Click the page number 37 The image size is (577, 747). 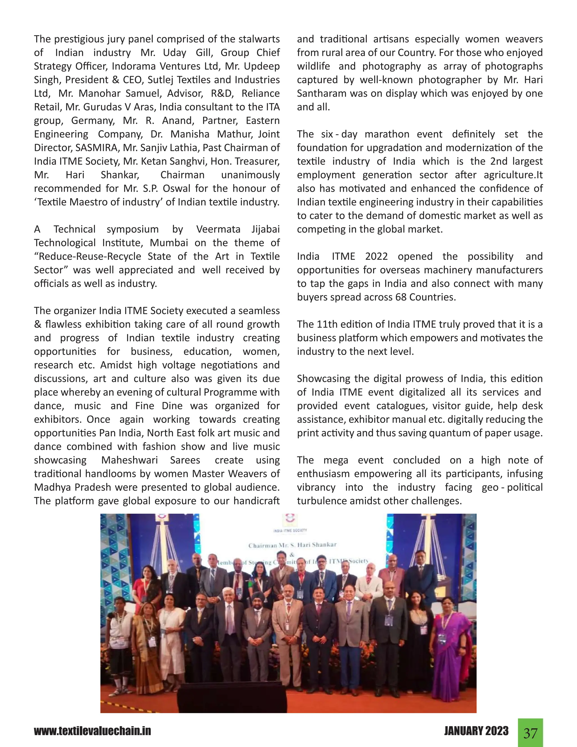[530, 733]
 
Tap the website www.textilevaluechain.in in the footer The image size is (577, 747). [92, 731]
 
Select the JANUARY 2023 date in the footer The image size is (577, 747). [476, 731]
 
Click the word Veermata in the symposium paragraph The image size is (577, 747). [218, 229]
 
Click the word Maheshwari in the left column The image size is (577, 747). [129, 460]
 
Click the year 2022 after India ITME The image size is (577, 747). [376, 256]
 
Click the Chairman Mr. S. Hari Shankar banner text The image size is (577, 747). [292, 545]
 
